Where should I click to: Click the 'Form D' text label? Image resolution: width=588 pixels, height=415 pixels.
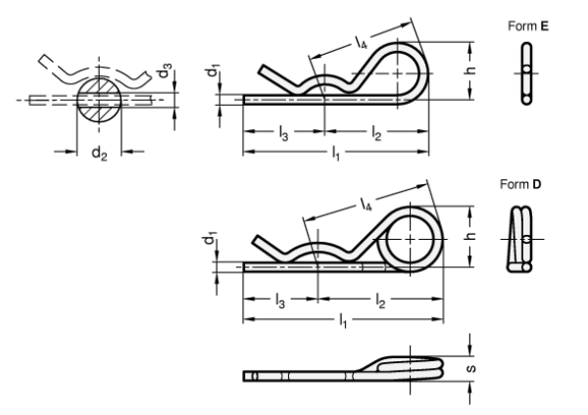coord(520,184)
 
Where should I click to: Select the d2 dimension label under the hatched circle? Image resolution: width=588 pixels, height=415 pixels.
coord(98,153)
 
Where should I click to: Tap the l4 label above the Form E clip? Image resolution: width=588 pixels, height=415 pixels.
coord(362,42)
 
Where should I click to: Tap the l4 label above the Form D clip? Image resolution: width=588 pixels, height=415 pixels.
coord(367,207)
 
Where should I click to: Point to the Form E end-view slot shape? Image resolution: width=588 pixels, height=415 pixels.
coord(528,69)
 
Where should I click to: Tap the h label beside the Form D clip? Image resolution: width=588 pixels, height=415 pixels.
coord(470,237)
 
